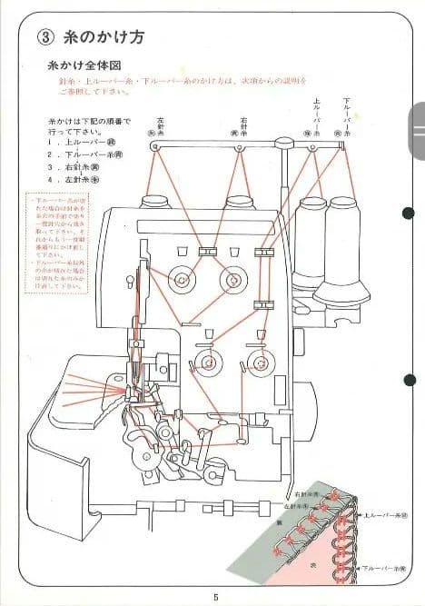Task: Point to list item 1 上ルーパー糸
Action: (x=85, y=143)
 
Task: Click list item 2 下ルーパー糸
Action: (x=85, y=155)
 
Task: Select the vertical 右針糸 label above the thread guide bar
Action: (x=244, y=126)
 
